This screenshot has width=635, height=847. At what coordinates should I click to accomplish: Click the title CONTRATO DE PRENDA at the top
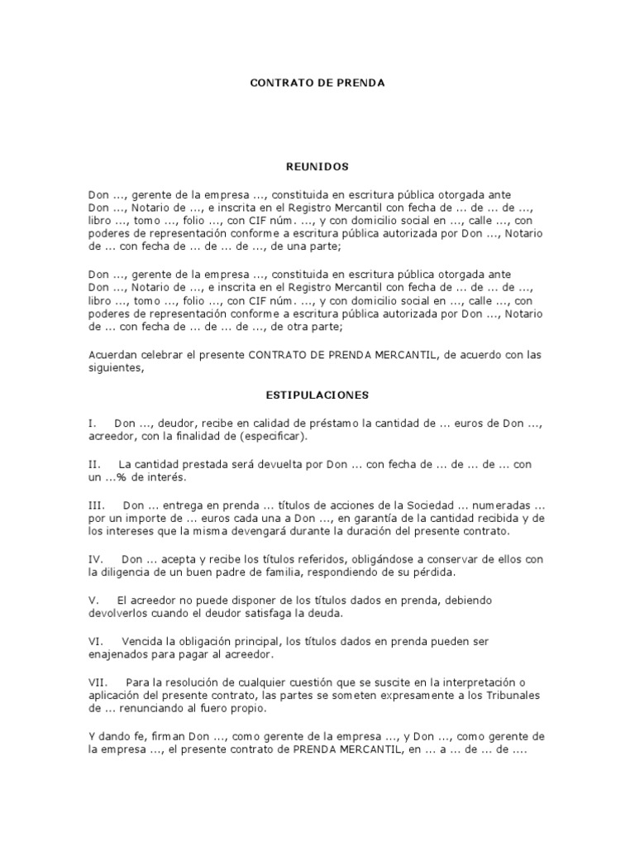click(317, 84)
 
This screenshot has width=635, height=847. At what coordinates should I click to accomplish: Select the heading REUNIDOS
click(317, 166)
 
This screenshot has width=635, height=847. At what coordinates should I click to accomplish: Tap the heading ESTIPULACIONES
click(317, 395)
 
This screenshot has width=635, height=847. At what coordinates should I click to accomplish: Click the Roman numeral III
click(95, 505)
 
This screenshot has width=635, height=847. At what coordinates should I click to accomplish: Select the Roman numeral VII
click(98, 682)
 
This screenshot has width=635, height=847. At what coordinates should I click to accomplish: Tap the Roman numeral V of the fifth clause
click(92, 599)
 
